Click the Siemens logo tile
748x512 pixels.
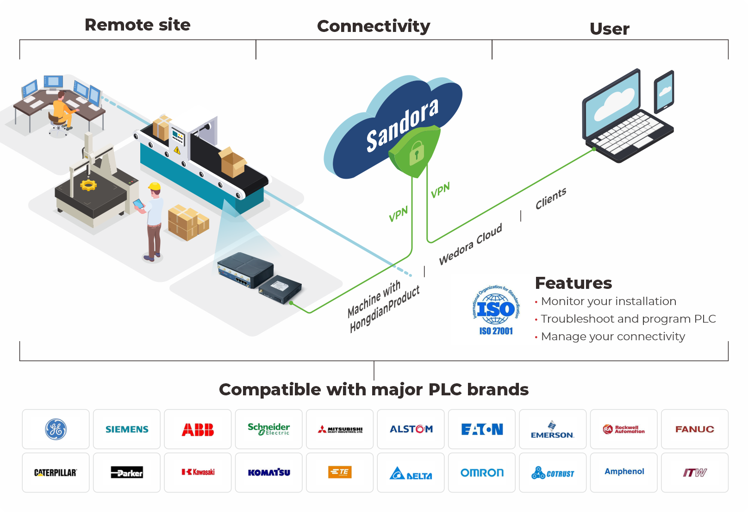pos(127,429)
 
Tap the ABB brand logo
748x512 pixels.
pos(198,430)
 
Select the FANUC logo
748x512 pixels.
pos(694,429)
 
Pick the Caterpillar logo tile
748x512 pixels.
pos(56,473)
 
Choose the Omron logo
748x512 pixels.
pos(482,473)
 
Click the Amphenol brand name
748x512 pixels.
pos(624,471)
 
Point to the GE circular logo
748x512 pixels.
pos(56,429)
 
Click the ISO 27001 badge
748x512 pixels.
pos(496,310)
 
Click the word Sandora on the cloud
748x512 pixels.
pos(402,125)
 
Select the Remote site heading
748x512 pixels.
pos(137,25)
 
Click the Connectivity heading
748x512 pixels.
pos(374,26)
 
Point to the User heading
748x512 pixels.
pos(609,29)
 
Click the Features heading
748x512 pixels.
pos(573,283)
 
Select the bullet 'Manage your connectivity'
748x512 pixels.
pos(612,337)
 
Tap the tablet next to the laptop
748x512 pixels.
pos(664,91)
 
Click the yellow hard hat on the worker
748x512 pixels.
pos(155,187)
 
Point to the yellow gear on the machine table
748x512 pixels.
pos(88,185)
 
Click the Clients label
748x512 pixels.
pos(551,199)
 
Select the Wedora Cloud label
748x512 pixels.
pos(470,244)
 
